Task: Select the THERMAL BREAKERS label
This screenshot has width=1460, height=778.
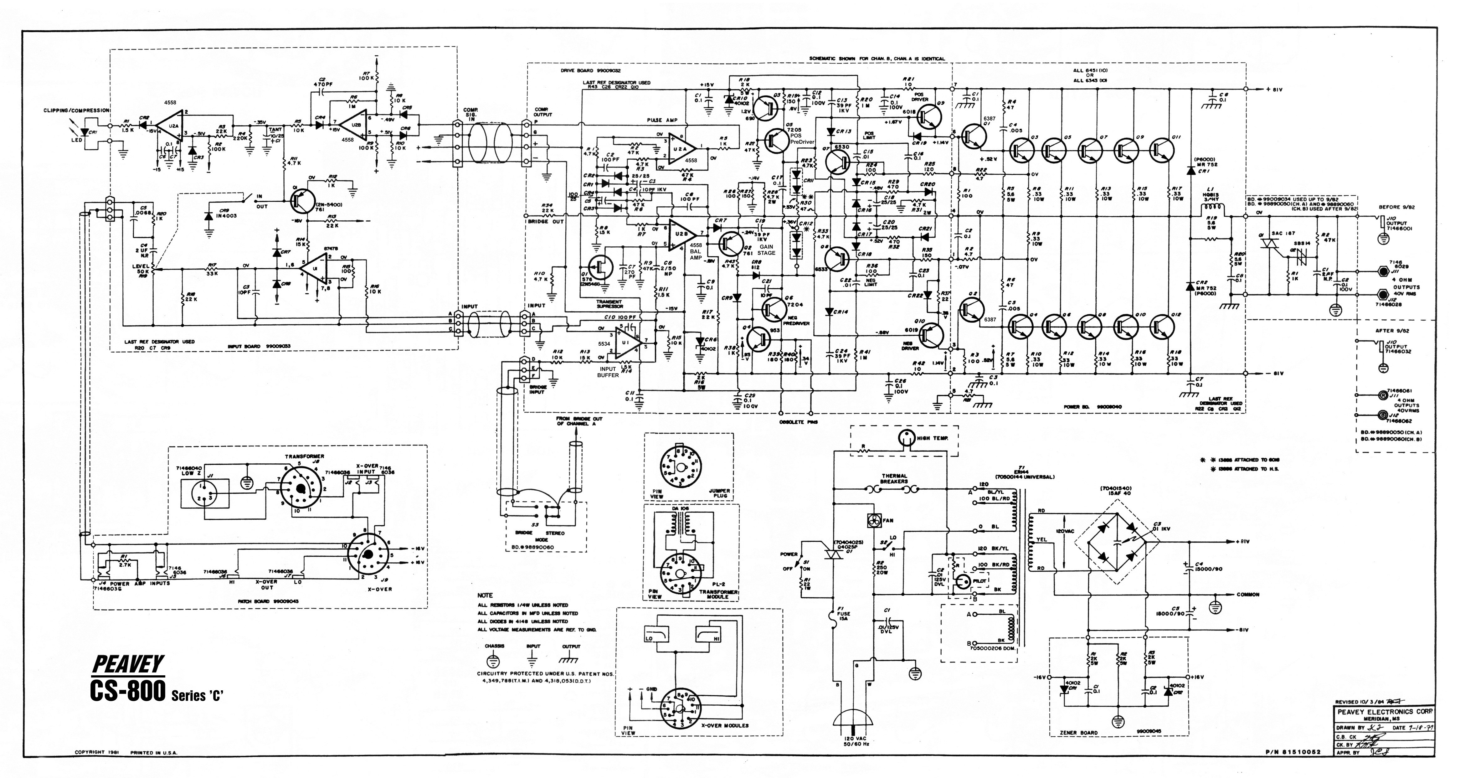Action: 894,479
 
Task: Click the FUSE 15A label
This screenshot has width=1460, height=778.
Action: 843,616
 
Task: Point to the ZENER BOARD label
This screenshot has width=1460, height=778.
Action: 1078,732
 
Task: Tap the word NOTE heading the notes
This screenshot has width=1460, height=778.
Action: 485,595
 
